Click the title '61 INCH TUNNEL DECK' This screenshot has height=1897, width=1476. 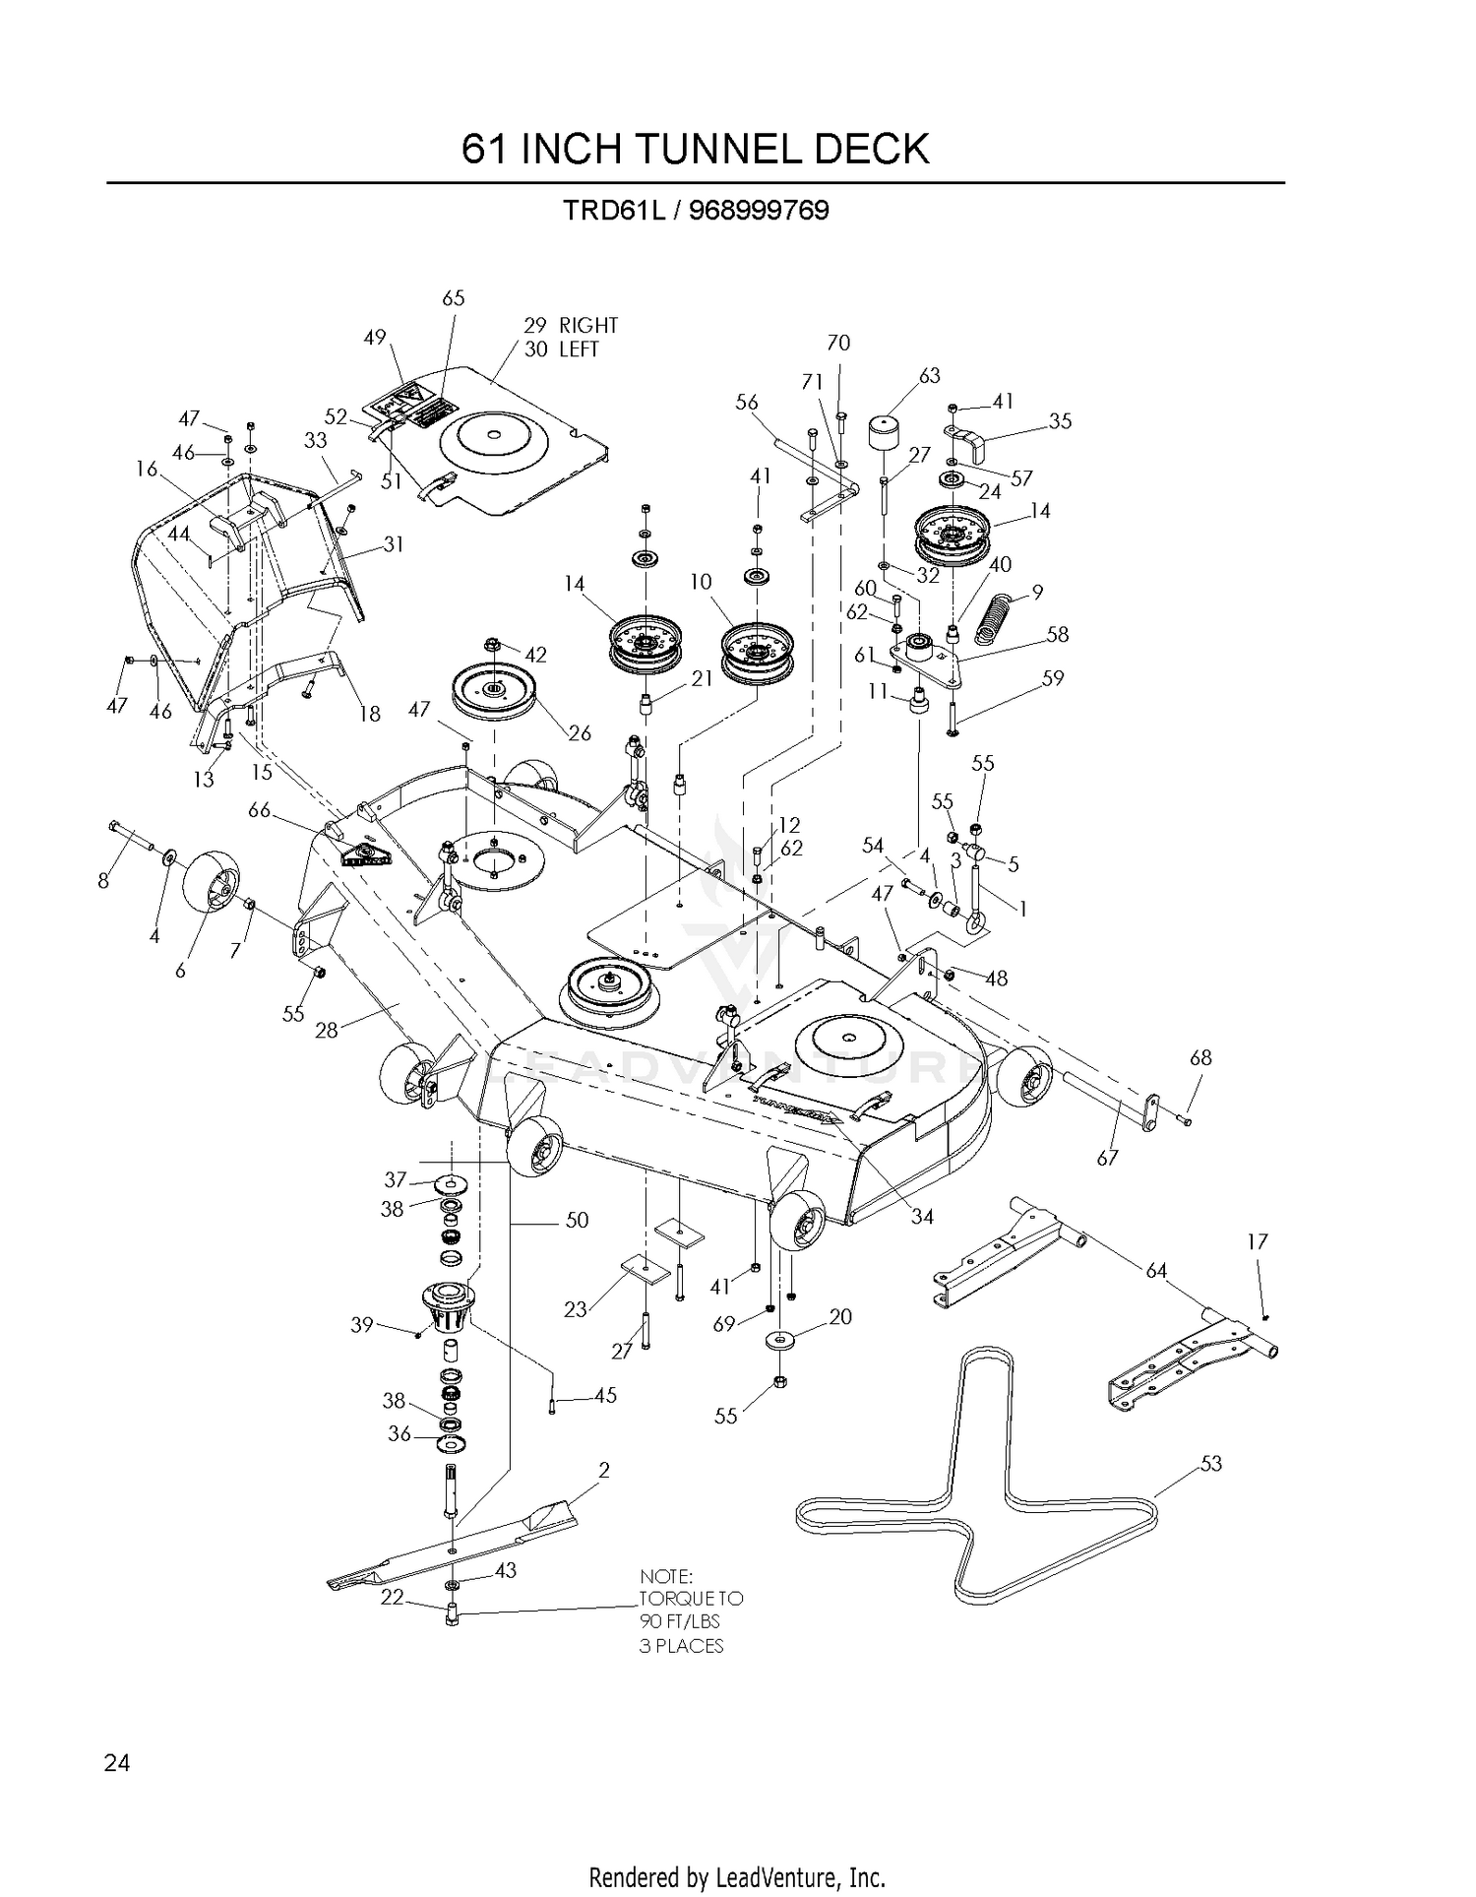[695, 149]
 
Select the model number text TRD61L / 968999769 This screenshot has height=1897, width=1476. [695, 211]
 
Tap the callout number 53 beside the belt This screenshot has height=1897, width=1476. [1210, 1464]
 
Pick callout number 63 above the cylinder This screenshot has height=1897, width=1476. [929, 375]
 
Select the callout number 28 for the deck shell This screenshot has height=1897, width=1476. [326, 1030]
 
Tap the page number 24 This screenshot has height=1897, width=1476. [116, 1762]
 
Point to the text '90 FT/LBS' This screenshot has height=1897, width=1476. [680, 1621]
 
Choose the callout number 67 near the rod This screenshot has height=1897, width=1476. [1108, 1158]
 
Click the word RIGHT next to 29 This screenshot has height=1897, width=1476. [588, 325]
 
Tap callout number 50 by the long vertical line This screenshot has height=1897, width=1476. [577, 1220]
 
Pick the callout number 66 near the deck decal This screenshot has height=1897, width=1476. [259, 810]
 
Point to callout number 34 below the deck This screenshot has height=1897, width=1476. [922, 1217]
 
